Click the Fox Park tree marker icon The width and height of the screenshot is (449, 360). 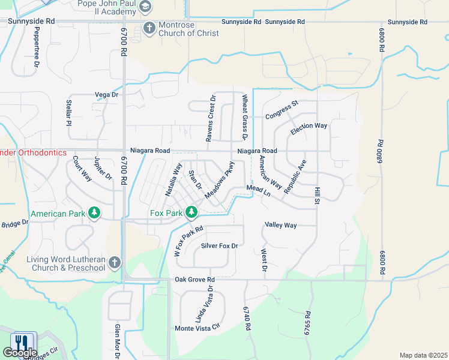point(191,212)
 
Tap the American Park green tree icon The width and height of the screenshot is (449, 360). point(94,213)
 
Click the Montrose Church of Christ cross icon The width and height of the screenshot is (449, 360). point(149,28)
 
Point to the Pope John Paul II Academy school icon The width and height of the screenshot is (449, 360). point(145,7)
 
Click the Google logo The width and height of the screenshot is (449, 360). point(20,353)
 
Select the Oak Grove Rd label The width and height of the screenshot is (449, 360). point(194,280)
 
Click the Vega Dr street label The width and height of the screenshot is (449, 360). point(107,95)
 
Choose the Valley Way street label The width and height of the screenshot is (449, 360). point(281,225)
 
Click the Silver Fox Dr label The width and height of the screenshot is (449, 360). point(220,246)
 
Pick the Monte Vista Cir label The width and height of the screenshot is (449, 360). point(197,328)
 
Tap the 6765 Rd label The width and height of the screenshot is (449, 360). point(308,322)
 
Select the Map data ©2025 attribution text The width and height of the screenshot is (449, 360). point(423,355)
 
